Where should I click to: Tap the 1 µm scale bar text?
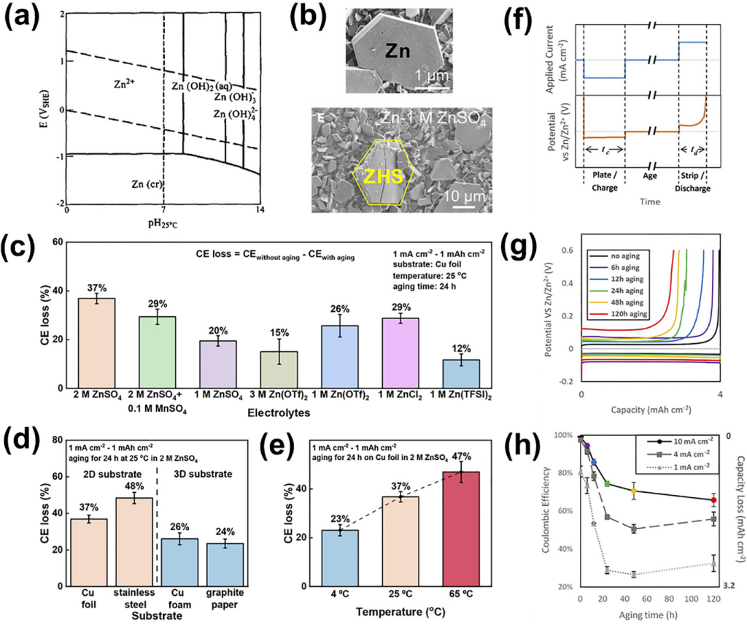pyautogui.click(x=437, y=76)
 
